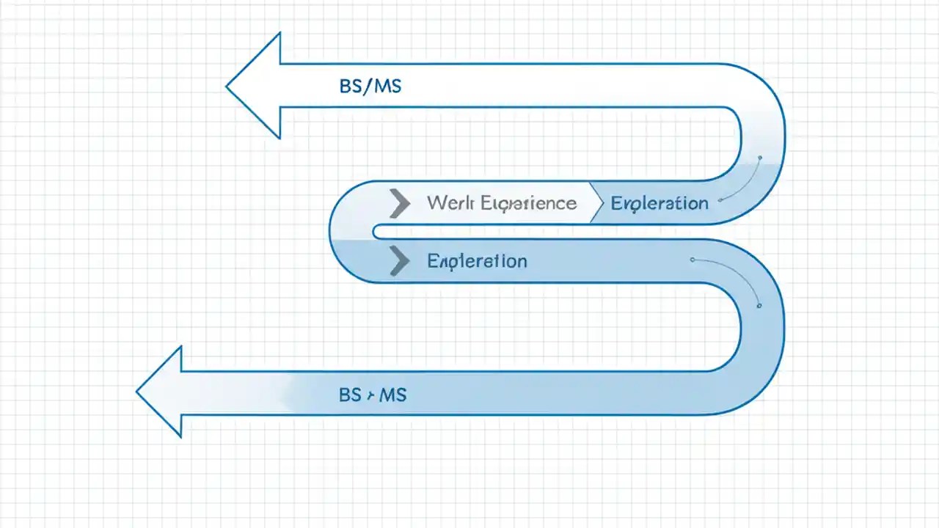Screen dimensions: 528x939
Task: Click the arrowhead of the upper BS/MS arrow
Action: (257, 87)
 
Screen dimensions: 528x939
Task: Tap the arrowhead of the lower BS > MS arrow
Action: (163, 392)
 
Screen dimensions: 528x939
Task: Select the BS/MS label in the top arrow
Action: (370, 87)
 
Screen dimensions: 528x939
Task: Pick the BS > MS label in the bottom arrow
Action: (373, 395)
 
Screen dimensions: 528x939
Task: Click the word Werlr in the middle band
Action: (450, 203)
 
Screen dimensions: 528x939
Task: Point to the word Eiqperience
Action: (528, 203)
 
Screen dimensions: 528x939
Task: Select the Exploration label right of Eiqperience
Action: (660, 203)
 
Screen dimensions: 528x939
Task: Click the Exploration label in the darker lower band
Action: (477, 261)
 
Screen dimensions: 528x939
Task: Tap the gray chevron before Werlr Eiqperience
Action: (399, 203)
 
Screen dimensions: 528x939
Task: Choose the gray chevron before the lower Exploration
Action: (399, 261)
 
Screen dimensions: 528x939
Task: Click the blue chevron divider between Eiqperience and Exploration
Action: (597, 203)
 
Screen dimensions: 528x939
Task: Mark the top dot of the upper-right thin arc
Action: (760, 158)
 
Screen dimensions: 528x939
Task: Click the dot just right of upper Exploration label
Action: (721, 199)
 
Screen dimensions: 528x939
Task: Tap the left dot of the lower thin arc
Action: (692, 259)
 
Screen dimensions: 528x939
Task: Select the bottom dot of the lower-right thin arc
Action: (759, 306)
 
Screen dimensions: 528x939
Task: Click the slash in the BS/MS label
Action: (370, 87)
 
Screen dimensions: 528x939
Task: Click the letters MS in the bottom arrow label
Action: (393, 395)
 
